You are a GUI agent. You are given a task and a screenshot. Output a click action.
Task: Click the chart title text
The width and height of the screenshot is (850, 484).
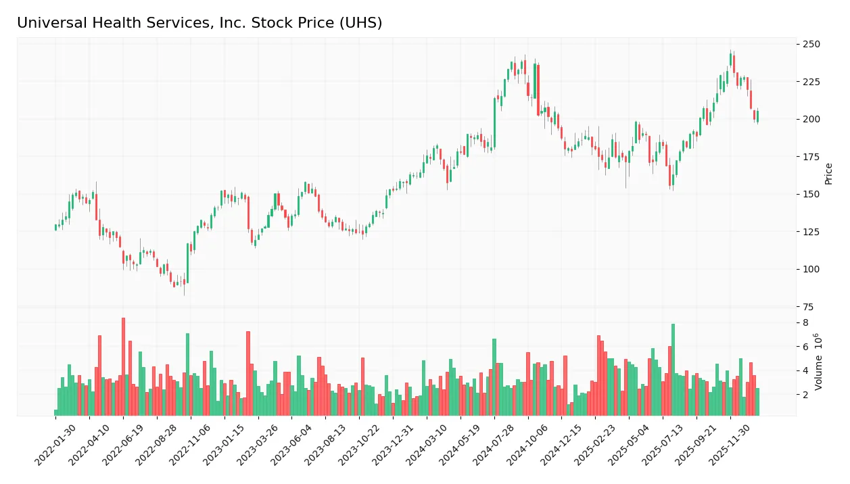click(199, 23)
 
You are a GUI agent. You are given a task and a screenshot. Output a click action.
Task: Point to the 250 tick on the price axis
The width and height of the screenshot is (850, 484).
click(811, 45)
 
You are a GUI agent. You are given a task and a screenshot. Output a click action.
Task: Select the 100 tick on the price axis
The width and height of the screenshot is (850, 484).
click(811, 269)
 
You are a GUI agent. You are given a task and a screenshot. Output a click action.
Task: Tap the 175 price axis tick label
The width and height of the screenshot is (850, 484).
click(811, 157)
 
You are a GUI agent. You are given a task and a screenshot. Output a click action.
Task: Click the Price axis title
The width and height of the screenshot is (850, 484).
click(829, 174)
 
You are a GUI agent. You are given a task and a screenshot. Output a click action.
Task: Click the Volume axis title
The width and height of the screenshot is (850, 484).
click(819, 362)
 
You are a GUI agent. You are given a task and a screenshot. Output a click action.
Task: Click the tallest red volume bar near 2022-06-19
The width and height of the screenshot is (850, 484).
click(123, 366)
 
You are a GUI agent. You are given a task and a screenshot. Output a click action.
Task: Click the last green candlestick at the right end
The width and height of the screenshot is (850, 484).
click(757, 116)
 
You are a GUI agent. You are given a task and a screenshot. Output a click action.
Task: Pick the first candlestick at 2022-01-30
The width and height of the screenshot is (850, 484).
click(55, 227)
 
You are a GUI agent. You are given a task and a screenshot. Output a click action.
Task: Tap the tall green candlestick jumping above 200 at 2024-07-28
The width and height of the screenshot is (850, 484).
click(494, 122)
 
